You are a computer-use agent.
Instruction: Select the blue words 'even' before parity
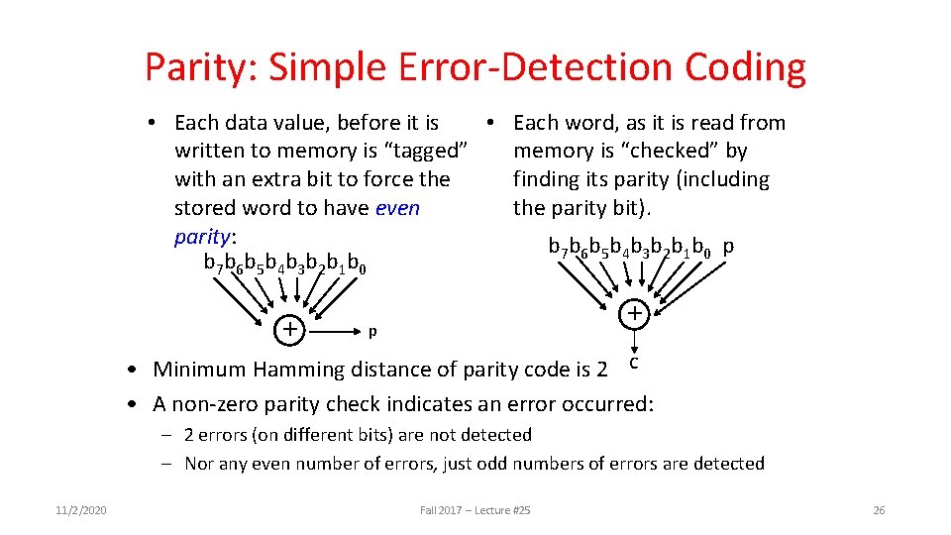[x=397, y=208]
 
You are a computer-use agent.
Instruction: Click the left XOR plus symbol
[x=289, y=328]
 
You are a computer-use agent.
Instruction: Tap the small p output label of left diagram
[x=371, y=330]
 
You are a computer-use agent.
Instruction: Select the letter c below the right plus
[x=634, y=365]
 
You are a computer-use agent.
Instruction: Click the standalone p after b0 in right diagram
[x=728, y=245]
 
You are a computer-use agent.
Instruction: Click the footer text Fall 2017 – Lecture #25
[x=475, y=510]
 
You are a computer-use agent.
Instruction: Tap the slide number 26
[x=878, y=510]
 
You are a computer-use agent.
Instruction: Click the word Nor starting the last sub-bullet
[x=200, y=464]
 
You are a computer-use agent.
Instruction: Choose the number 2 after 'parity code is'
[x=601, y=370]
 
